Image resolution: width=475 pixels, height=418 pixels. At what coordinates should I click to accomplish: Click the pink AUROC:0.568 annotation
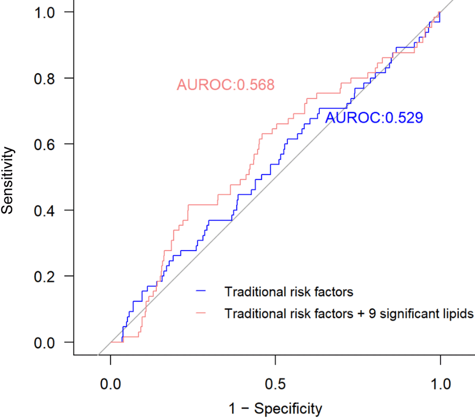coord(226,85)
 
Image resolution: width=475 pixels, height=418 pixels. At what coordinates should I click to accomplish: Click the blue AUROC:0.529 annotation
coord(374,117)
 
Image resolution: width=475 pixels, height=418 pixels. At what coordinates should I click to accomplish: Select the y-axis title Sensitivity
coord(8,180)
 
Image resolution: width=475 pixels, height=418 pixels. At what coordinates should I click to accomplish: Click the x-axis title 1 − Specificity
coord(275,408)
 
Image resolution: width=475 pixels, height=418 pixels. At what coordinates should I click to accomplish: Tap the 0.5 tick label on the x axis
coord(275,384)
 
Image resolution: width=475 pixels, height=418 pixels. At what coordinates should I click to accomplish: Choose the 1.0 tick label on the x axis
coord(440,384)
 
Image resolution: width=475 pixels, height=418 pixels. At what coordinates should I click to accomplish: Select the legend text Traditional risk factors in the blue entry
coord(289,292)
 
